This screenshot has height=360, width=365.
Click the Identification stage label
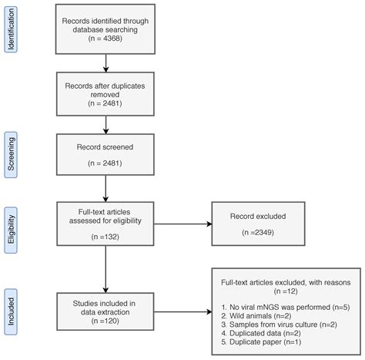pos(11,31)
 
